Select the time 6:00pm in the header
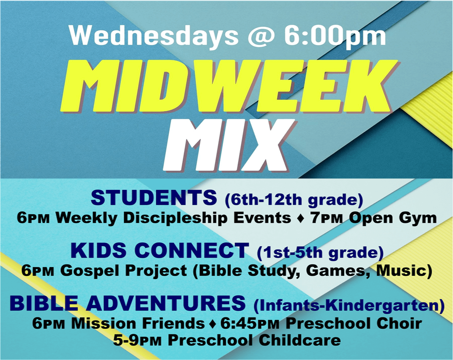point(334,37)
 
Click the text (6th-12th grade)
point(294,200)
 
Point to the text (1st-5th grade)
point(320,253)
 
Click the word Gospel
point(90,271)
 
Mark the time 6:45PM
point(250,323)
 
